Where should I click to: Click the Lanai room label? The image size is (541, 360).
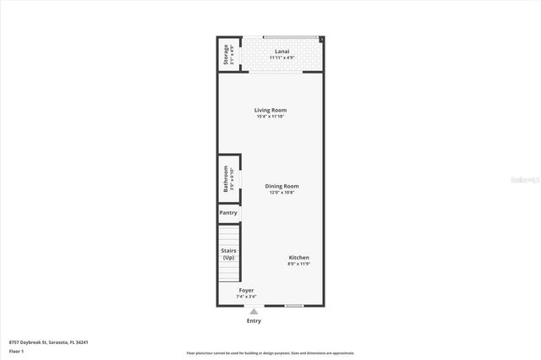[x=282, y=52]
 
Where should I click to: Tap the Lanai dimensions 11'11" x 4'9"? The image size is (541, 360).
[x=282, y=58]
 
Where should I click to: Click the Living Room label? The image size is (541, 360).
[x=271, y=110]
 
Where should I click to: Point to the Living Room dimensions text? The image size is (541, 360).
[x=271, y=117]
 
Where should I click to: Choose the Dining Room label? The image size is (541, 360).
[x=281, y=186]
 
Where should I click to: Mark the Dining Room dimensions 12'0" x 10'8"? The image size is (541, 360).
[x=281, y=193]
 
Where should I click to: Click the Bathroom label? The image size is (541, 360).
[x=226, y=179]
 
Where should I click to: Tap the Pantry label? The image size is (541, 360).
[x=228, y=213]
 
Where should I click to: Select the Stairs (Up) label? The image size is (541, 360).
[x=228, y=254]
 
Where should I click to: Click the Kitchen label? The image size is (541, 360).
[x=299, y=258]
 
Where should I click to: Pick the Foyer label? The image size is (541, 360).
[x=246, y=290]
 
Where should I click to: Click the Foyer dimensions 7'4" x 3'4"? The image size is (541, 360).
[x=246, y=297]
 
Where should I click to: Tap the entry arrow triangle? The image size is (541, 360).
[x=254, y=311]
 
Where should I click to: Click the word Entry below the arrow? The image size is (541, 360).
[x=254, y=321]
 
